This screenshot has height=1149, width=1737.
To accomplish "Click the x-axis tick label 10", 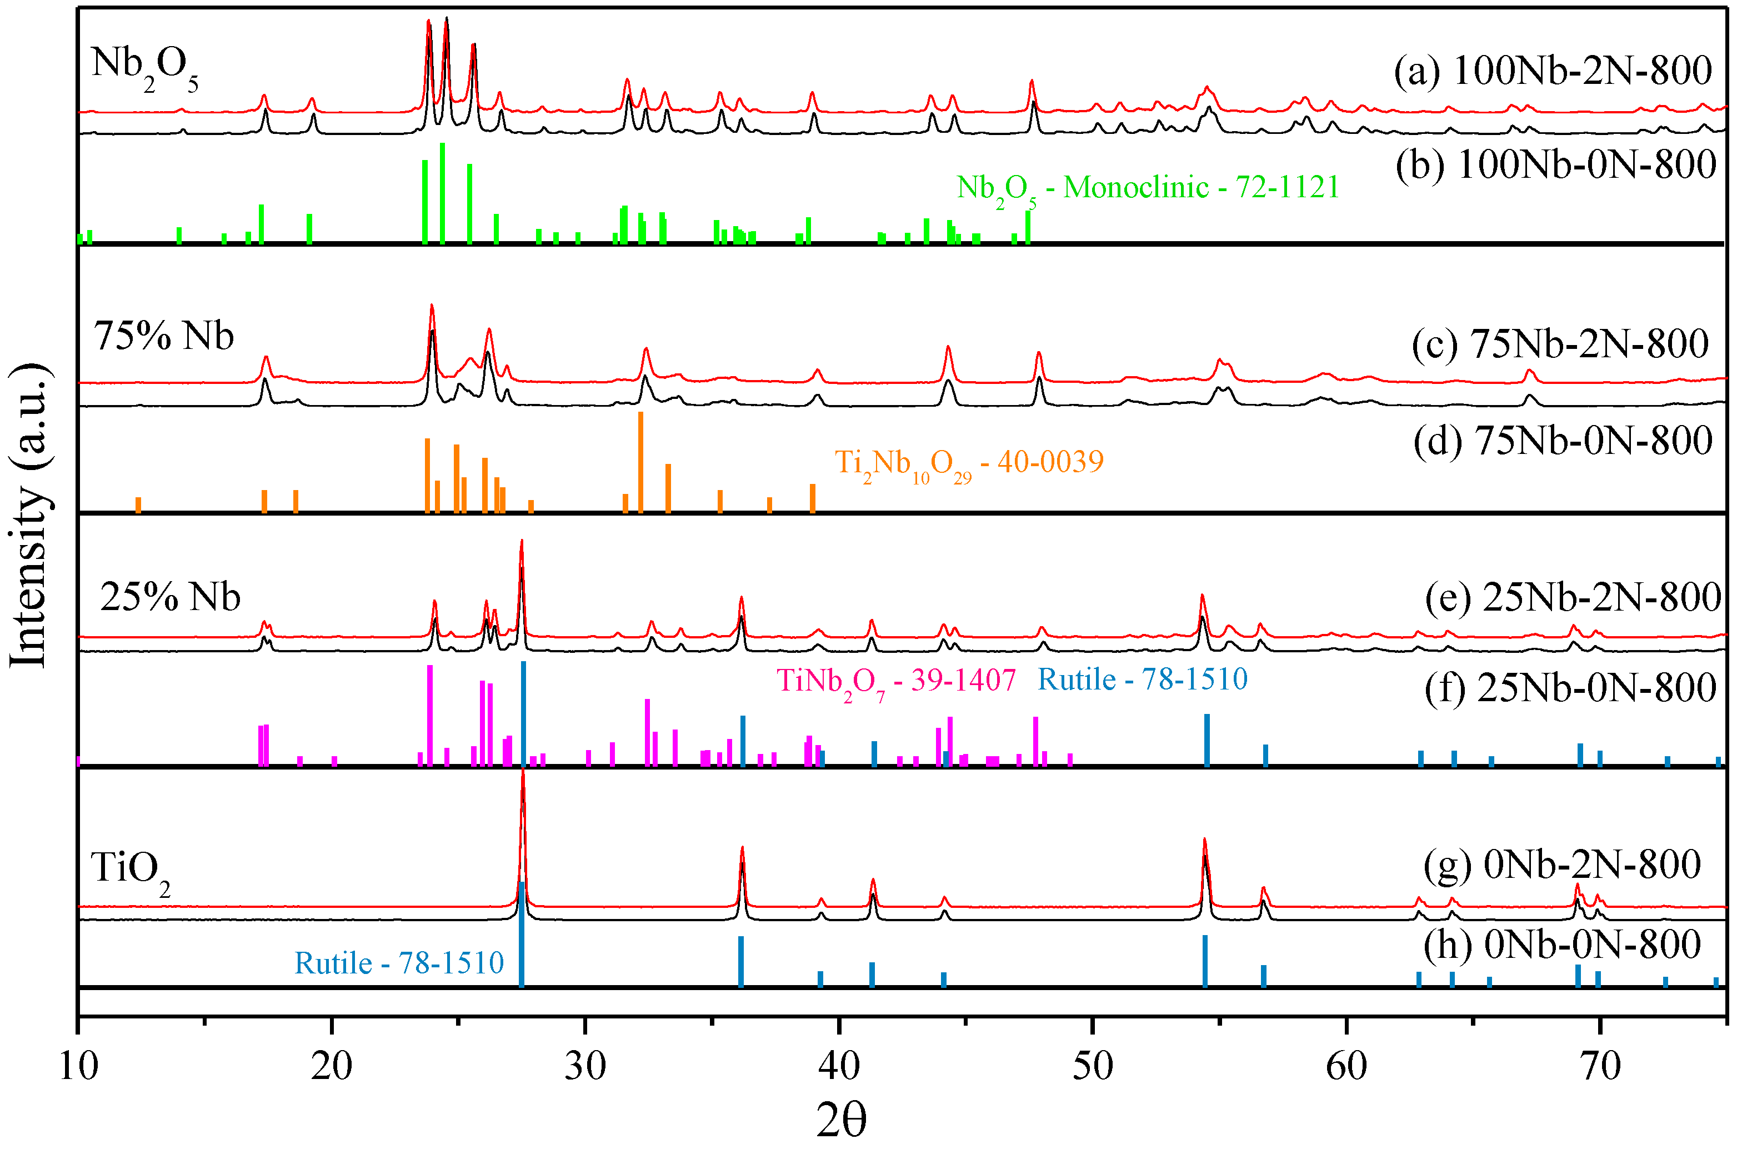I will coord(78,1066).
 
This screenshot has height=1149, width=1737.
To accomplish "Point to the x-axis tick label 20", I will coord(331,1066).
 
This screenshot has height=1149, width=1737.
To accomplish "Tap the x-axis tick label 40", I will coord(839,1066).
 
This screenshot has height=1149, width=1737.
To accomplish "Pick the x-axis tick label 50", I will coord(1092,1066).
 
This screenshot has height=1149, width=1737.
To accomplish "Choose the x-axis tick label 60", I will coord(1346,1066).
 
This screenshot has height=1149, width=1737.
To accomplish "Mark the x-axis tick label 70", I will coord(1600,1066).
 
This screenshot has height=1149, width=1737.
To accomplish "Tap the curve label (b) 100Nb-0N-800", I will coord(1555,164).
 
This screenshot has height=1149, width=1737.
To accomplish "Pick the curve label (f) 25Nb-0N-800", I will coord(1570,688).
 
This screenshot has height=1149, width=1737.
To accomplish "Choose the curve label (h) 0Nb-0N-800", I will coord(1562,945).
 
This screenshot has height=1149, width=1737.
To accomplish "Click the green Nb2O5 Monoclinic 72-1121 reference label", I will coord(1147,189).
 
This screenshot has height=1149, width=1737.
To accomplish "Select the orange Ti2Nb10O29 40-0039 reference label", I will coord(969,464).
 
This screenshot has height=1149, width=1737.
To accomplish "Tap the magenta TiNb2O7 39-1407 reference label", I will coord(896,682).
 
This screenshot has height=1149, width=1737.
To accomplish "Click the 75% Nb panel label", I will coord(163,337).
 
